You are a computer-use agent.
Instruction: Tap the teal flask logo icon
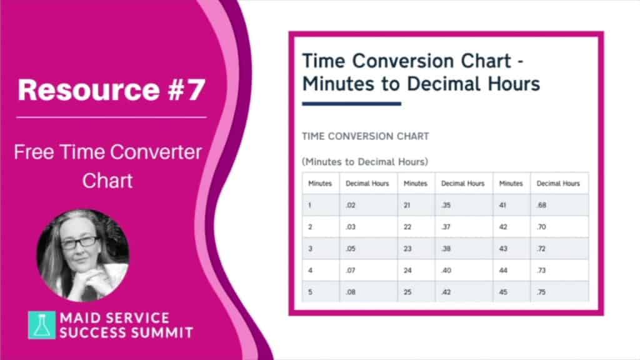[x=42, y=325]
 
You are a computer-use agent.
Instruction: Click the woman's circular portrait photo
[x=83, y=256]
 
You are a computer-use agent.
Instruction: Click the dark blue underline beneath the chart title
[x=351, y=104]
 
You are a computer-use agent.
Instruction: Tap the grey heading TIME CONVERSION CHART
[x=365, y=136]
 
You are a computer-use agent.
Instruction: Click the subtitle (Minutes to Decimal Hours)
[x=365, y=162]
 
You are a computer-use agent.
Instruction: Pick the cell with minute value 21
[x=416, y=205]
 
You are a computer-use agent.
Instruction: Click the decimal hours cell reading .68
[x=559, y=205]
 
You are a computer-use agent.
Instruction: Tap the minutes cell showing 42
[x=512, y=227]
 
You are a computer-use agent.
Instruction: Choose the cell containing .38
[x=464, y=249]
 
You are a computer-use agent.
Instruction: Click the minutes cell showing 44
[x=512, y=270]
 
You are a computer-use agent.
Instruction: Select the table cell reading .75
[x=559, y=292]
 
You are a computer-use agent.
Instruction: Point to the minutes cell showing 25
[x=416, y=292]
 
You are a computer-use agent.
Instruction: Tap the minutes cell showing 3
[x=321, y=249]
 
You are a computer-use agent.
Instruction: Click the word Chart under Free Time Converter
[x=107, y=181]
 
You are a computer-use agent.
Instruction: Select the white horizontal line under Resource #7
[x=111, y=117]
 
